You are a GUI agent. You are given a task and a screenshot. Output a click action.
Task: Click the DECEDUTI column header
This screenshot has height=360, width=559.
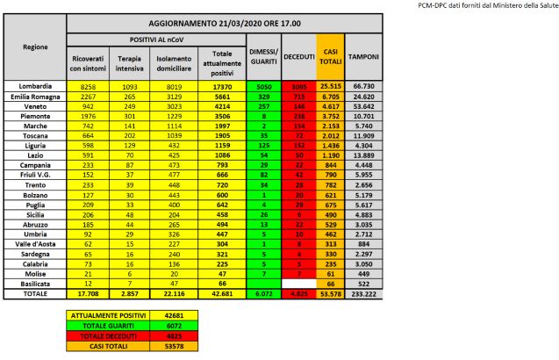point(298,55)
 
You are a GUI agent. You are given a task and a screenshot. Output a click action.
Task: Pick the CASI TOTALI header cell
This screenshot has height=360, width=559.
point(331,55)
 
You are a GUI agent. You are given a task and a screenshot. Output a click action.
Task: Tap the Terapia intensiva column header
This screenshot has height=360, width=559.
point(130,61)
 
